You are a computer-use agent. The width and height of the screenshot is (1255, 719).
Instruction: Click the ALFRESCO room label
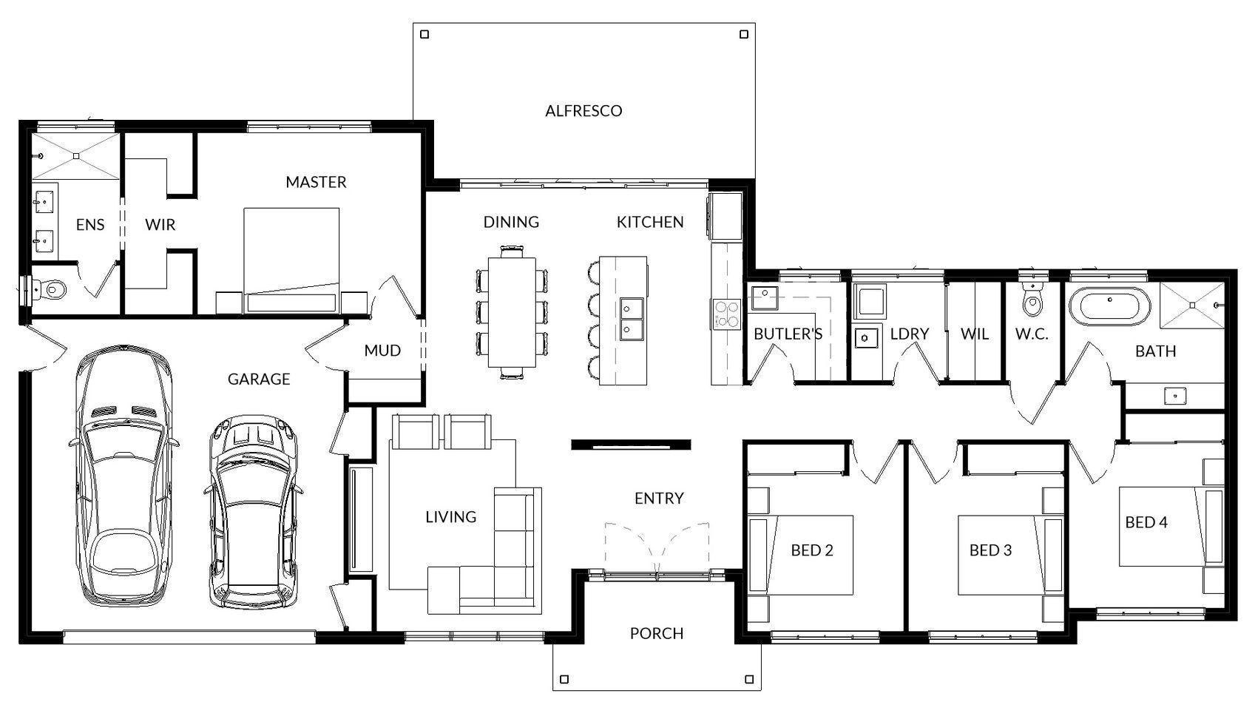coord(583,110)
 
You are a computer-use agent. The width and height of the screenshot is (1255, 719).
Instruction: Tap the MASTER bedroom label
coord(316,181)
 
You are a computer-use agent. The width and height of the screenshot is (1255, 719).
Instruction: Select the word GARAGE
coord(259,379)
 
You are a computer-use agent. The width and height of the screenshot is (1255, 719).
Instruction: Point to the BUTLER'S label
coord(788,334)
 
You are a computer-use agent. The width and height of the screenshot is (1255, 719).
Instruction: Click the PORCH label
coord(657,633)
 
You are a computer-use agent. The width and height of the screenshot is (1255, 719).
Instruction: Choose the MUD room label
coord(382,351)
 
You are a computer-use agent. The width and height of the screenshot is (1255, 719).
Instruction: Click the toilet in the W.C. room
coord(1032,300)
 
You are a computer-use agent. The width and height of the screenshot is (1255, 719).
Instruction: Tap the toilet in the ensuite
coord(51,290)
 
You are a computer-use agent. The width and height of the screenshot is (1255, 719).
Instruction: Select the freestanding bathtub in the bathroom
coord(1109,306)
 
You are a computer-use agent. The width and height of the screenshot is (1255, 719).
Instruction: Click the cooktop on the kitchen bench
coord(727,314)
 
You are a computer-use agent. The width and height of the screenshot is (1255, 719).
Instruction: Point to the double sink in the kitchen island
coord(632,318)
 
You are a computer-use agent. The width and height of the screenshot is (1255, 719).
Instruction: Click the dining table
coord(512,312)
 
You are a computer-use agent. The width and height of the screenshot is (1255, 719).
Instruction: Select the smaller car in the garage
coord(254,512)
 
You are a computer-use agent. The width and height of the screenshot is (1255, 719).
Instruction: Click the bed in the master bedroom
coord(291,260)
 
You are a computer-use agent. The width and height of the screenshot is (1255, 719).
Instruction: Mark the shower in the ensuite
coord(75,156)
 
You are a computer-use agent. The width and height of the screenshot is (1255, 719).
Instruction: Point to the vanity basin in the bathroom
coord(1175,396)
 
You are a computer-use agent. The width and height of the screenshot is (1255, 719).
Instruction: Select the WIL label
coord(974,334)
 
